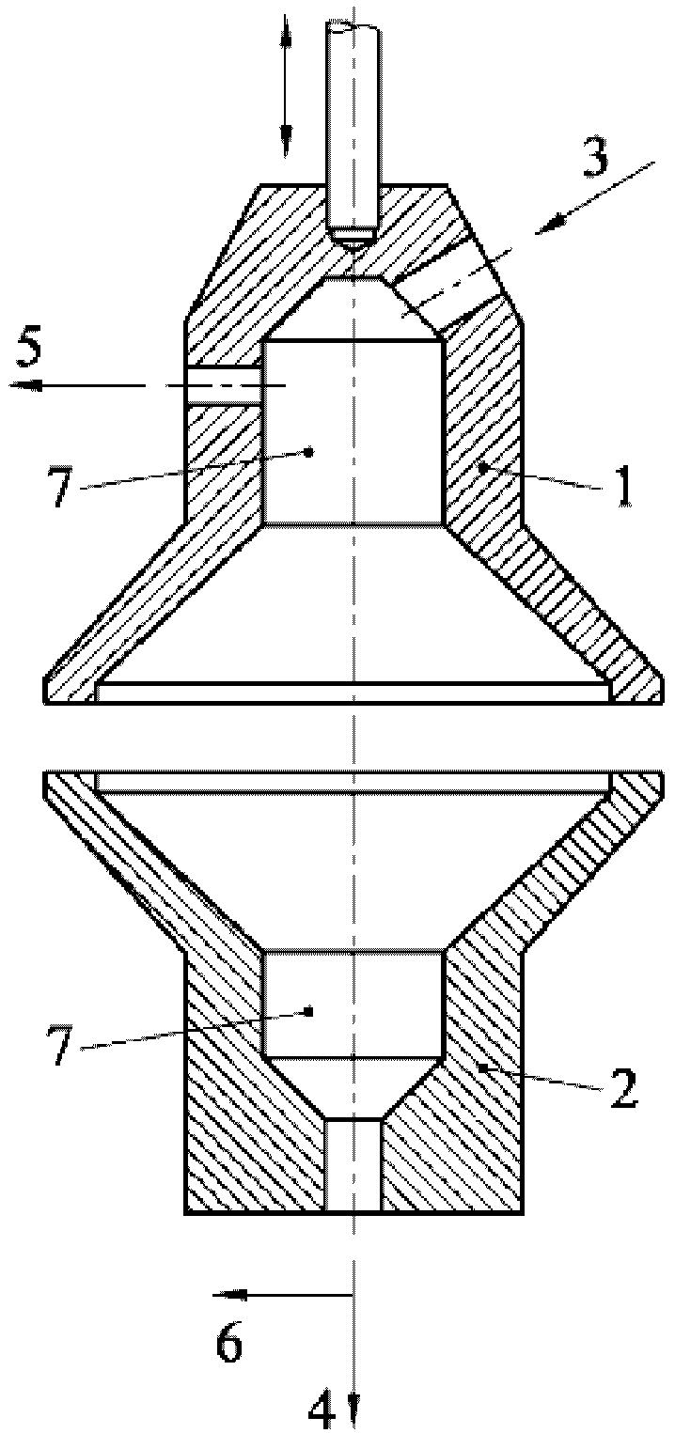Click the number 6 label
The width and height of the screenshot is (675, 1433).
tap(230, 1345)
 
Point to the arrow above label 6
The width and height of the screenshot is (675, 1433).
tap(282, 1295)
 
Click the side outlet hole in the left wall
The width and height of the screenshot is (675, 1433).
tap(224, 385)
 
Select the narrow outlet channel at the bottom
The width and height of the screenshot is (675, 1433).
tap(353, 1165)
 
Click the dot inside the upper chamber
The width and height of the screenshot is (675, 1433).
tap(308, 452)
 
